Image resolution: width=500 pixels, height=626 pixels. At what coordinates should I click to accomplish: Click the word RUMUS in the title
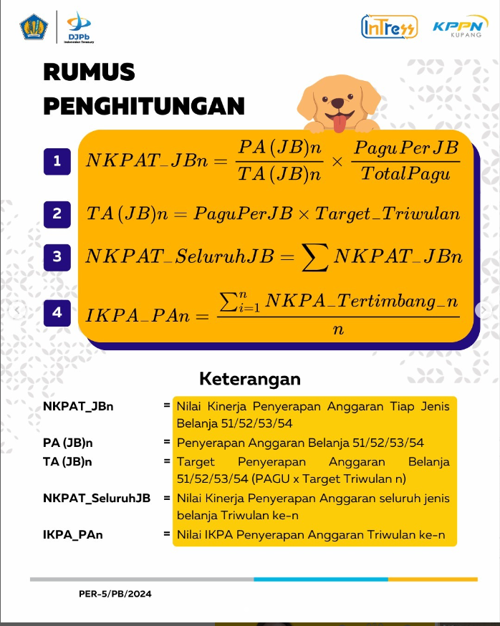(x=89, y=72)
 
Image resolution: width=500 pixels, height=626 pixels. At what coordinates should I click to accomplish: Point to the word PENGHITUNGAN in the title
(x=143, y=106)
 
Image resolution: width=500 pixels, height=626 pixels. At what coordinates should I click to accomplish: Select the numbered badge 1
(x=57, y=161)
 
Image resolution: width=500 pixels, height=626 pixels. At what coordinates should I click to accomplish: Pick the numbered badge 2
(x=57, y=213)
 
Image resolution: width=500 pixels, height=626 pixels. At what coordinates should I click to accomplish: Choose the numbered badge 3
(x=57, y=256)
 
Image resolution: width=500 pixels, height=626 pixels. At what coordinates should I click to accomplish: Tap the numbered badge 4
(x=57, y=312)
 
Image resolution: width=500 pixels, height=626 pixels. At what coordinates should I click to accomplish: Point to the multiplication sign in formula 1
(x=337, y=161)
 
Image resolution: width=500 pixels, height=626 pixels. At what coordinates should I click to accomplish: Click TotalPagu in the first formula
(x=405, y=173)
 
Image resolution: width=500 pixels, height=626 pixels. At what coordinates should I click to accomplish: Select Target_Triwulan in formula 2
(x=388, y=213)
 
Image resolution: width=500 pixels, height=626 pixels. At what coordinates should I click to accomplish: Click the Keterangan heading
(x=250, y=378)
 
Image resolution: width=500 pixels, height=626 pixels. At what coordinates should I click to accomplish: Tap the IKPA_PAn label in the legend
(x=72, y=534)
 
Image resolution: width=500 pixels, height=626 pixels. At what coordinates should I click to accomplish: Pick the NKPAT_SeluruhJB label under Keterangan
(x=97, y=498)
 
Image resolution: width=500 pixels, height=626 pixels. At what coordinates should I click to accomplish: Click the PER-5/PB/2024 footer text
(x=115, y=594)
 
